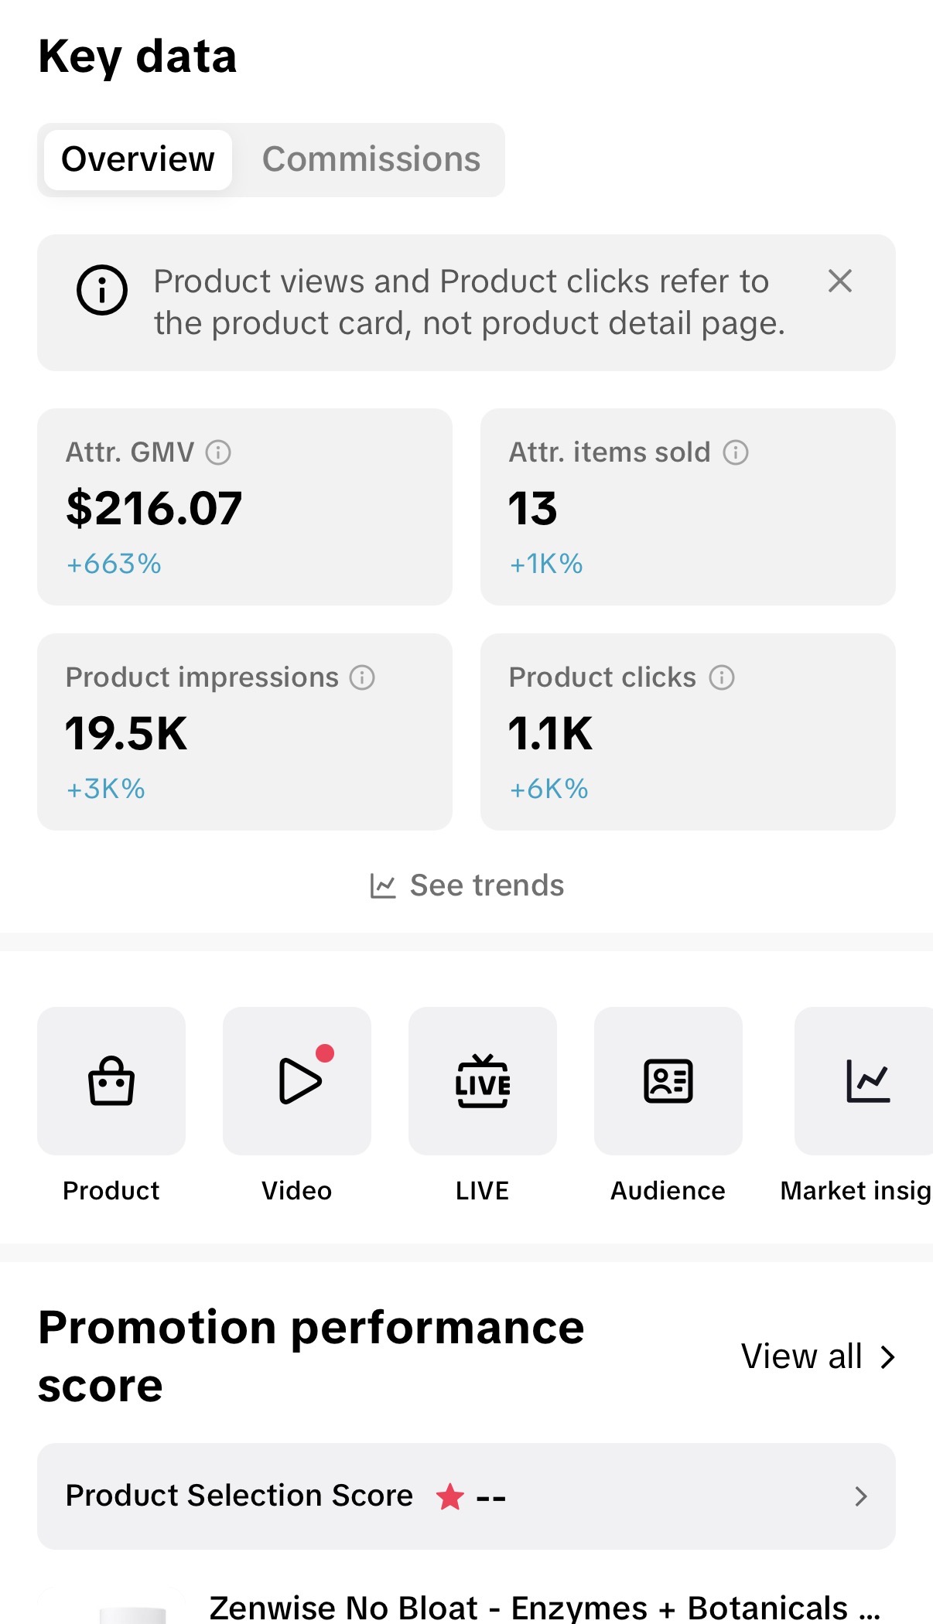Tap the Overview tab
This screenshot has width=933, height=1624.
pyautogui.click(x=138, y=159)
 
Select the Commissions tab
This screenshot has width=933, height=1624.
pyautogui.click(x=371, y=159)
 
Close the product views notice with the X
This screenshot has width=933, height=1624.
pyautogui.click(x=840, y=281)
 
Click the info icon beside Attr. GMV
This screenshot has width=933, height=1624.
pyautogui.click(x=218, y=452)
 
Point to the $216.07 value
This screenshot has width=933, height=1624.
pyautogui.click(x=154, y=508)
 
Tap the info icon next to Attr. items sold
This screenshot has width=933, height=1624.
pyautogui.click(x=736, y=452)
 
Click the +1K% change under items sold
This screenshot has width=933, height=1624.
pyautogui.click(x=546, y=564)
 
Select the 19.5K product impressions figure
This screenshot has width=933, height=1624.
pyautogui.click(x=126, y=733)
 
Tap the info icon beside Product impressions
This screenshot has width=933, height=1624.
pyautogui.click(x=362, y=677)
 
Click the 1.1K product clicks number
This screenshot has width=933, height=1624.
pyautogui.click(x=551, y=733)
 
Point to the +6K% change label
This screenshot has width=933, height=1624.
pyautogui.click(x=549, y=789)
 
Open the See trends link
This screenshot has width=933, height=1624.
pyautogui.click(x=467, y=885)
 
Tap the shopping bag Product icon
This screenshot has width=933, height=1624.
pyautogui.click(x=111, y=1081)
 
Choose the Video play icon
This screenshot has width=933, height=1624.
pyautogui.click(x=299, y=1081)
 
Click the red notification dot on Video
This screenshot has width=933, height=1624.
pyautogui.click(x=325, y=1053)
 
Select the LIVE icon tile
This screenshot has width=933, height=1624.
pyautogui.click(x=483, y=1081)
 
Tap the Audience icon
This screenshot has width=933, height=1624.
pyautogui.click(x=668, y=1081)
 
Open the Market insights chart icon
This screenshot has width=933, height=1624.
pyautogui.click(x=868, y=1081)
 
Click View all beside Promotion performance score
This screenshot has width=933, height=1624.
pyautogui.click(x=819, y=1356)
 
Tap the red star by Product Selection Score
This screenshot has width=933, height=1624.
pyautogui.click(x=450, y=1496)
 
